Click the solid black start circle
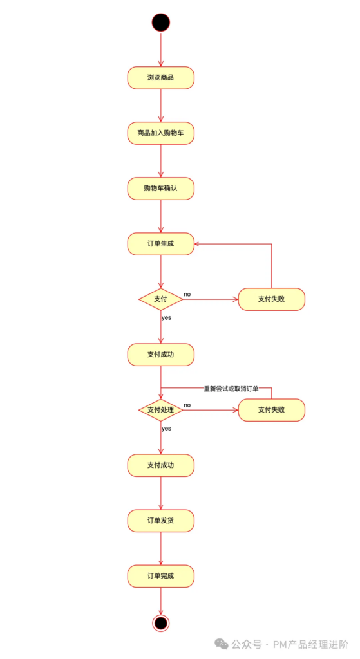tap(160, 23)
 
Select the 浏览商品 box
tap(160, 78)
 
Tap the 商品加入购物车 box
tap(160, 133)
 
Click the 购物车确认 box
tap(160, 189)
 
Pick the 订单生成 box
tap(160, 244)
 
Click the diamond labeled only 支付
tap(160, 299)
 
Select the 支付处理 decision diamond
tap(160, 410)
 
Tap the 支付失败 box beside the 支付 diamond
tap(271, 299)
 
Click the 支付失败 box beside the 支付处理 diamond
tap(271, 410)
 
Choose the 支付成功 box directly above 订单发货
tap(160, 465)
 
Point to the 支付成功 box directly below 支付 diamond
tap(160, 355)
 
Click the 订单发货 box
tap(160, 521)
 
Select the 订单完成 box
tap(160, 576)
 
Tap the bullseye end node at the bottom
tap(160, 623)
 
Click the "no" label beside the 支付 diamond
tap(187, 294)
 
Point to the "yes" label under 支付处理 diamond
tap(167, 429)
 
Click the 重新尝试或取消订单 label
tap(231, 389)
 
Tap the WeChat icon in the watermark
tap(222, 644)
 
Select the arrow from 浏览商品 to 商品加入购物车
tap(160, 106)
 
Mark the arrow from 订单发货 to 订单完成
tap(160, 548)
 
